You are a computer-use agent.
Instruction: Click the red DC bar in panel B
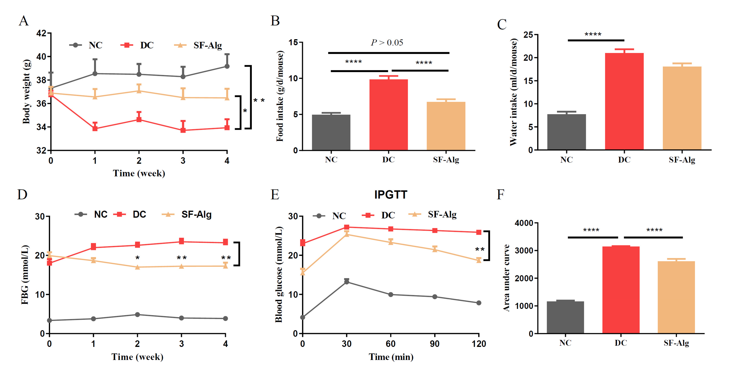[389, 115]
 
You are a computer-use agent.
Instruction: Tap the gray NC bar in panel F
[565, 317]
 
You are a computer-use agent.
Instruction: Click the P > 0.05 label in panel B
[387, 43]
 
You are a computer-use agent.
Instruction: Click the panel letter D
[22, 195]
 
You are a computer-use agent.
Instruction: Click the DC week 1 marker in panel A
[95, 128]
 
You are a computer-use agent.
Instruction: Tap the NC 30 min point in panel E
[347, 282]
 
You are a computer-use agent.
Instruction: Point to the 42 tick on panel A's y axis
[41, 33]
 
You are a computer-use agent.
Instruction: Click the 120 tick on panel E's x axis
[479, 344]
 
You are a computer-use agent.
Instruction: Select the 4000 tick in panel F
[524, 223]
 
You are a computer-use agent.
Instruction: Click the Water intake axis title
[514, 92]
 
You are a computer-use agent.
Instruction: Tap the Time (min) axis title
[391, 357]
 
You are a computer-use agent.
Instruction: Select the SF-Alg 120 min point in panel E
[479, 260]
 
